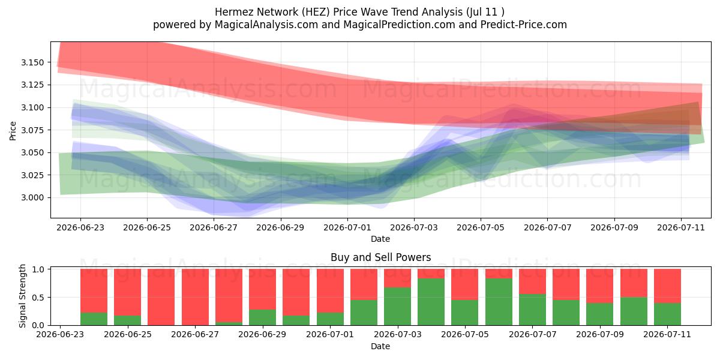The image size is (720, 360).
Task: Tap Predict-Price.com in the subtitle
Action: point(524,25)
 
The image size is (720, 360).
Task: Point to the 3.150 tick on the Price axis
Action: point(32,62)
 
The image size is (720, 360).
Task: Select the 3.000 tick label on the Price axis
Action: point(32,197)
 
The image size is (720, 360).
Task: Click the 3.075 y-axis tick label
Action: point(32,130)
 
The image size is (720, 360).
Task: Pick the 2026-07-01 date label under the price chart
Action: point(347,227)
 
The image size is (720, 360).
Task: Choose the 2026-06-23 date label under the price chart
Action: point(80,227)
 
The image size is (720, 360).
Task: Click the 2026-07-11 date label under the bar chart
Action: point(667,335)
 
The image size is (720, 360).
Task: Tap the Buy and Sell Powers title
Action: point(380,257)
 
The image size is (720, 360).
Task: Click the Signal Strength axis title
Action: point(22,296)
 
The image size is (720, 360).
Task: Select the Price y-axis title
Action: point(13,131)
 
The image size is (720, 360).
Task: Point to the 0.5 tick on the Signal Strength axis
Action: point(38,298)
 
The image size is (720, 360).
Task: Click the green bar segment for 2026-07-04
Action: point(431,302)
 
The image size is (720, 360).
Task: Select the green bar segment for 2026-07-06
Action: point(499,302)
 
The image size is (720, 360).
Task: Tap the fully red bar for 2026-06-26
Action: point(161,298)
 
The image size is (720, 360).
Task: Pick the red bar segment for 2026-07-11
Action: point(667,286)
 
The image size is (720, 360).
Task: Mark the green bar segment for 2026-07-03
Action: point(397,307)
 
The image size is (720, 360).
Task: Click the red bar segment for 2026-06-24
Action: point(94,291)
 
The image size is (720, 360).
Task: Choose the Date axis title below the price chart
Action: point(380,239)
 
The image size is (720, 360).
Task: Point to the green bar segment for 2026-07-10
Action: point(634,311)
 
